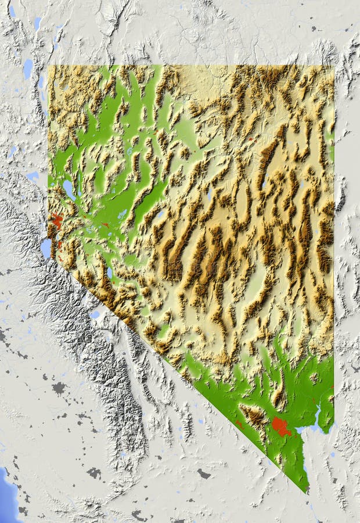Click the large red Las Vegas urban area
click(x=281, y=426)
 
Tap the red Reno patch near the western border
click(x=57, y=221)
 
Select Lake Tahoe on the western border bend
click(x=46, y=248)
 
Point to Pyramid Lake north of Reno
click(x=69, y=189)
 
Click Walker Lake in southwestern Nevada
click(x=109, y=272)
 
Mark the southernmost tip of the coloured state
click(x=307, y=492)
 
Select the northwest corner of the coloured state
click(x=49, y=66)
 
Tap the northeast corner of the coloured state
click(x=333, y=66)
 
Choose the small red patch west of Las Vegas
click(x=239, y=423)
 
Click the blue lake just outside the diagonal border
click(x=95, y=314)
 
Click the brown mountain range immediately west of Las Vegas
click(x=254, y=415)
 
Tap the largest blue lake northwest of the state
click(x=27, y=69)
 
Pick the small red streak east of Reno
click(x=105, y=224)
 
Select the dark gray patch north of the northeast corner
click(x=313, y=28)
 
